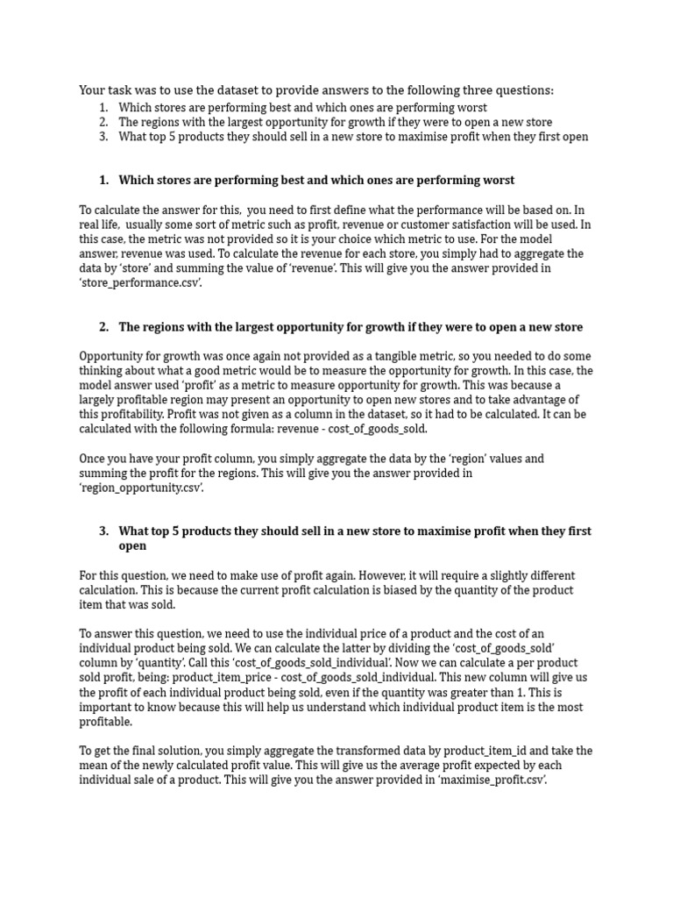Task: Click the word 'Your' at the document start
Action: (x=92, y=90)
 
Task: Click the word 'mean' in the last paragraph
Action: (x=94, y=766)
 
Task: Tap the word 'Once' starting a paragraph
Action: (x=94, y=459)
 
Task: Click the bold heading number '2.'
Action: (x=103, y=327)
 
